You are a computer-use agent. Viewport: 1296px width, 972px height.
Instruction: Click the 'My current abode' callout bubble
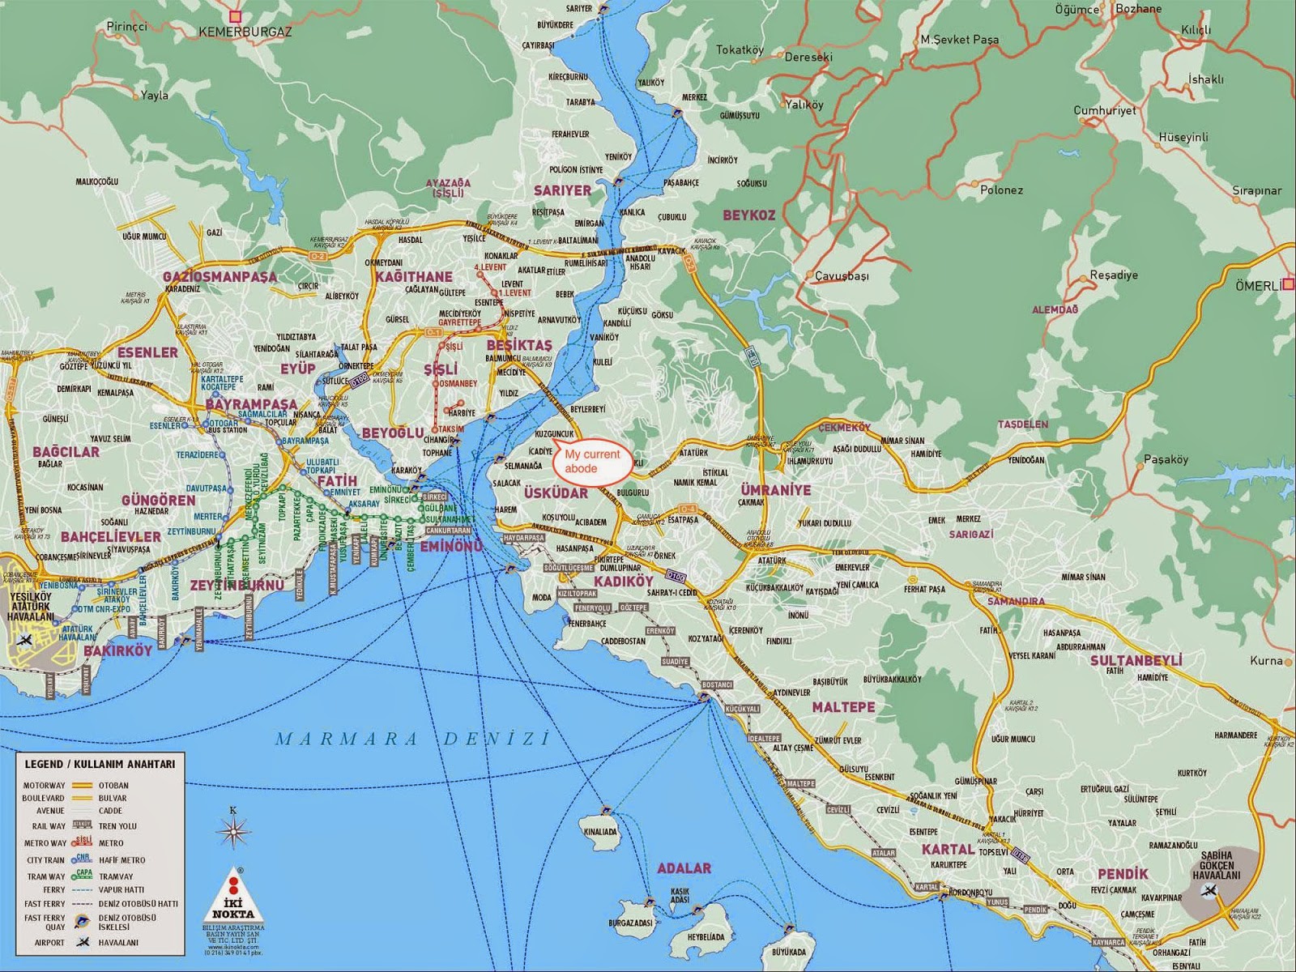point(592,463)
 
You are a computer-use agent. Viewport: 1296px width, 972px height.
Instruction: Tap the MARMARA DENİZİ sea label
point(411,739)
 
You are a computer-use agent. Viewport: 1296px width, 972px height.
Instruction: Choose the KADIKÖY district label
point(623,582)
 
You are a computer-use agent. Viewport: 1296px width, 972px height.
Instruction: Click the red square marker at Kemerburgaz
point(235,15)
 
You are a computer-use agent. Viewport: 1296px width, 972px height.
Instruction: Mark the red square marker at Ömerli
point(1289,284)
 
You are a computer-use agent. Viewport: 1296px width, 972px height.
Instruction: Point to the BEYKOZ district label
point(749,215)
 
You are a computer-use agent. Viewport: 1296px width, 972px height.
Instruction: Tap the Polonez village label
point(1001,190)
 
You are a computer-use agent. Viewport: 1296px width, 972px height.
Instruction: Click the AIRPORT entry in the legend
point(50,943)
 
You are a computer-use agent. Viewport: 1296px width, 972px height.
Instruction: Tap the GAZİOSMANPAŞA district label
point(220,276)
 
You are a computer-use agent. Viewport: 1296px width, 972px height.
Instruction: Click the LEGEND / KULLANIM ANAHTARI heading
point(100,764)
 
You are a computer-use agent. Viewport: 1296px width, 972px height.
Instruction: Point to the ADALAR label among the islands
point(684,868)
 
